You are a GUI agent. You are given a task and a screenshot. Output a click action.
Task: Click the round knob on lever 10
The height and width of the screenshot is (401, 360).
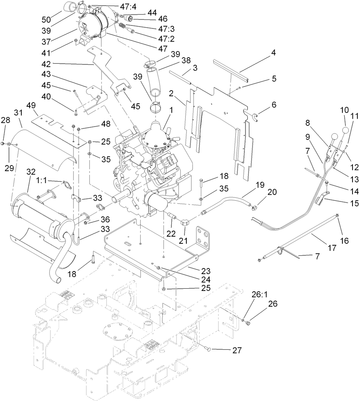pos(346,131)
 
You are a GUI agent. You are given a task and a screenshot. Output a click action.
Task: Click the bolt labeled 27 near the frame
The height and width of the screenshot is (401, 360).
pos(209,349)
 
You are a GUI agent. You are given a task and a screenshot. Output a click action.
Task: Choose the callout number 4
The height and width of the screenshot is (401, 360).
pos(273,53)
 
